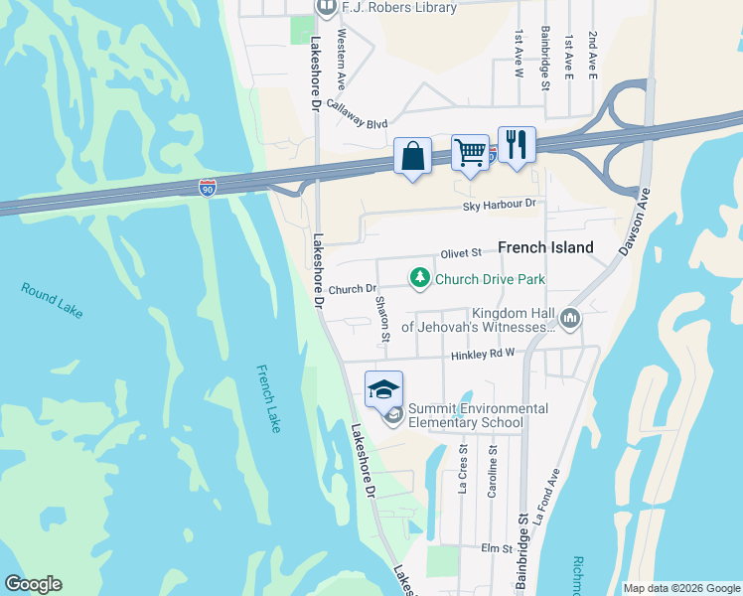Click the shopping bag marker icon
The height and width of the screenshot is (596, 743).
point(413,157)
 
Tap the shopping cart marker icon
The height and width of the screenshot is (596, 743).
point(470,154)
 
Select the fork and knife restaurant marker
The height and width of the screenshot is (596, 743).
point(517,145)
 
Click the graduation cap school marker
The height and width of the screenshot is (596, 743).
point(384,389)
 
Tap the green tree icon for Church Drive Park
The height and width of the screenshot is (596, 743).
point(420,278)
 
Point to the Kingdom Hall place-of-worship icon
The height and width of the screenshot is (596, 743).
point(570,319)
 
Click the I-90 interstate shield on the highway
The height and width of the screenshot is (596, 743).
point(207,188)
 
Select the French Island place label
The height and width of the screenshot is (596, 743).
point(545,247)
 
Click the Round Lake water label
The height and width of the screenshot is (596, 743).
point(52,300)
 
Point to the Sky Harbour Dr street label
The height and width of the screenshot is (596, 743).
point(500,205)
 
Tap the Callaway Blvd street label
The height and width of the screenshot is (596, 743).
point(357,124)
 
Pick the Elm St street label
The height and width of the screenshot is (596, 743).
point(495,547)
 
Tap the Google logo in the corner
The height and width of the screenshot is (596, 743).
point(33,584)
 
